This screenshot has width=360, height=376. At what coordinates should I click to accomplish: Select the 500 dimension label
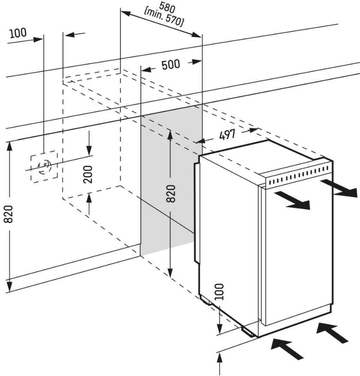coord(171,65)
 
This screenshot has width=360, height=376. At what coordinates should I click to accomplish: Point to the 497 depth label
coord(227,135)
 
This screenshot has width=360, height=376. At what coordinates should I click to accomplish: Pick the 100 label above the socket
coord(18,33)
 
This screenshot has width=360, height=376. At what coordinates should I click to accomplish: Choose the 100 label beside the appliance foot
coord(219,292)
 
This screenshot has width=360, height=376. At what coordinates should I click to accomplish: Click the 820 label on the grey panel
coord(170,194)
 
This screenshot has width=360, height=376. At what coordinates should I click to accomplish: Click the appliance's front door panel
coord(296,253)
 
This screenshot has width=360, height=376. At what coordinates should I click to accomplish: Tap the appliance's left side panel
coord(227,236)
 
